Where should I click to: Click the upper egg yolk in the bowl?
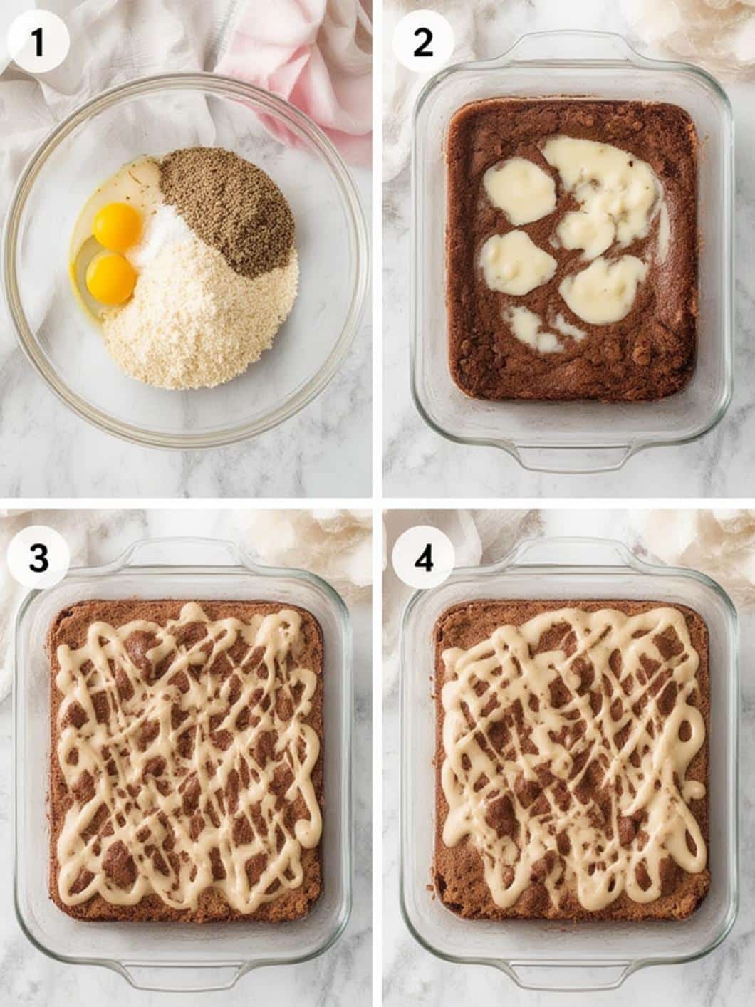click(117, 225)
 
